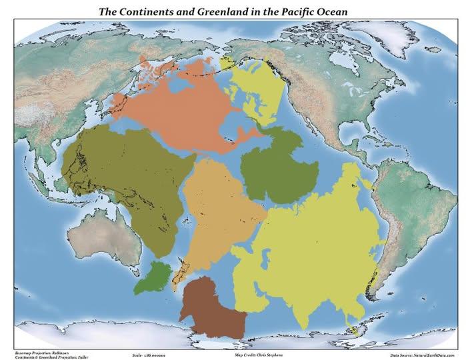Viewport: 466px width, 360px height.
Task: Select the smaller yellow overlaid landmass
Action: pyautogui.click(x=257, y=93)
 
